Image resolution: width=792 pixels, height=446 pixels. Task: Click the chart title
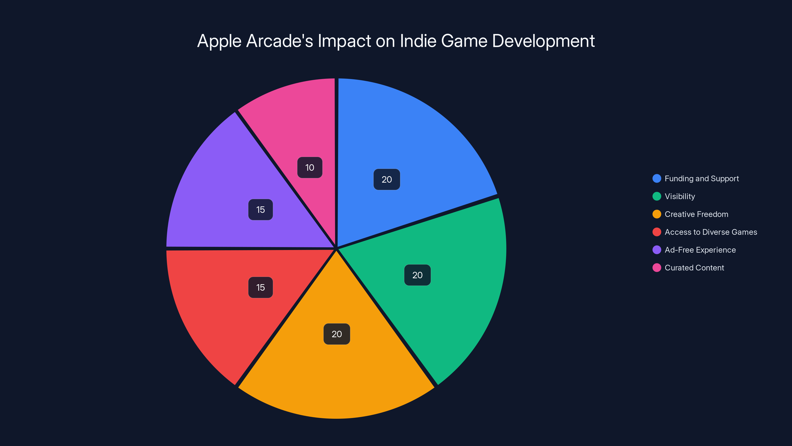coord(396,41)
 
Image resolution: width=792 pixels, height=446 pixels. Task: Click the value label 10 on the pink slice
coord(310,167)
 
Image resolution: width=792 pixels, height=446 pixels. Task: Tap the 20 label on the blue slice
coord(386,179)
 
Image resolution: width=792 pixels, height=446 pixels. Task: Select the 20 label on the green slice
coord(417,275)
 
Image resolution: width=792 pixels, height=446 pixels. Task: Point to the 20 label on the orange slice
coord(337,334)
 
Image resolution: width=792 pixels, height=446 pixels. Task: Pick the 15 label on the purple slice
coord(260,210)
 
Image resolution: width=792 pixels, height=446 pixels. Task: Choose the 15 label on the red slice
coord(260,287)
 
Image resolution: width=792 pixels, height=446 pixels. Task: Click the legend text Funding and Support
coord(702,178)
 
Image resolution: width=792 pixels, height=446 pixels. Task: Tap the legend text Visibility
coord(680,196)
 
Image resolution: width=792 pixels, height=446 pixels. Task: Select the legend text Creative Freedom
coord(696,214)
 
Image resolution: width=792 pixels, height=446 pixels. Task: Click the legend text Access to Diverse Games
coord(711,232)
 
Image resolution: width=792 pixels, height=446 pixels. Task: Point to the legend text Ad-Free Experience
coord(700,250)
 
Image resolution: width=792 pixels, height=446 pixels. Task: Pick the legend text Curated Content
coord(694,268)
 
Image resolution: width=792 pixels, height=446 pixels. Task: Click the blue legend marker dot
coord(657,178)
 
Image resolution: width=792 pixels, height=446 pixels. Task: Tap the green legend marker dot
coord(657,196)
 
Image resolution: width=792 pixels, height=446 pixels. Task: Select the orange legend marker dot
coord(657,214)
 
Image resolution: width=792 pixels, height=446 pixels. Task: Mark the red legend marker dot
coord(657,232)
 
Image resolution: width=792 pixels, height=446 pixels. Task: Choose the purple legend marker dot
coord(657,250)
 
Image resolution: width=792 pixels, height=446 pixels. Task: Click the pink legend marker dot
coord(657,268)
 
